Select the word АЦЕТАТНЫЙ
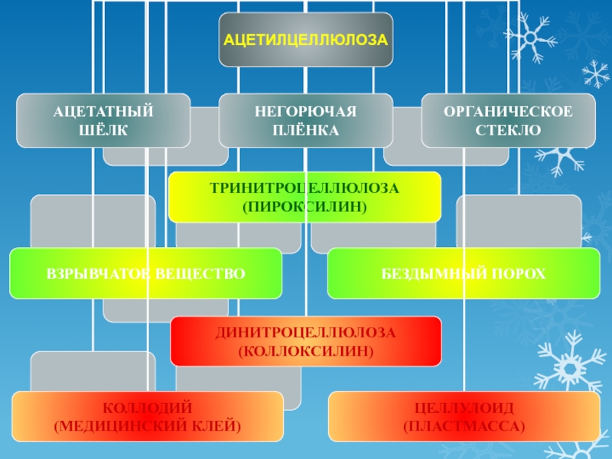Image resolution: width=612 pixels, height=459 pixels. tap(103, 112)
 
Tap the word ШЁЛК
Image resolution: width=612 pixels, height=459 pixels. tap(103, 130)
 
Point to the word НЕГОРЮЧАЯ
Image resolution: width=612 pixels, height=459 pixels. tap(306, 112)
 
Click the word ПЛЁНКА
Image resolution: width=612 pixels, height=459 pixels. tap(306, 130)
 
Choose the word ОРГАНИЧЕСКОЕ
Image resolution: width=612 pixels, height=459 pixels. tap(508, 112)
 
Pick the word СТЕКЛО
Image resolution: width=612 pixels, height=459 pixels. tap(508, 130)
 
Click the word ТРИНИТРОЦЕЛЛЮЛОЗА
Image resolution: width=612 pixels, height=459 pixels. tap(304, 188)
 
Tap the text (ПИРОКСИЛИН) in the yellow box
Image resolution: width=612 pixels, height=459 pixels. tap(304, 207)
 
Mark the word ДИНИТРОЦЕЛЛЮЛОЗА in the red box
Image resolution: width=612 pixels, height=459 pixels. tap(305, 333)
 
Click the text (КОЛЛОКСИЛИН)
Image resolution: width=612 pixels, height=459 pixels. tap(305, 351)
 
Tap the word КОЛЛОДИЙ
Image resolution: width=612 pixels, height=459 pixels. tap(148, 406)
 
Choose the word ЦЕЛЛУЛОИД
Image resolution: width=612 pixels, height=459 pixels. tap(464, 406)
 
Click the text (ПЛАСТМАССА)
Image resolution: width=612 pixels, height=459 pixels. tap(464, 425)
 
